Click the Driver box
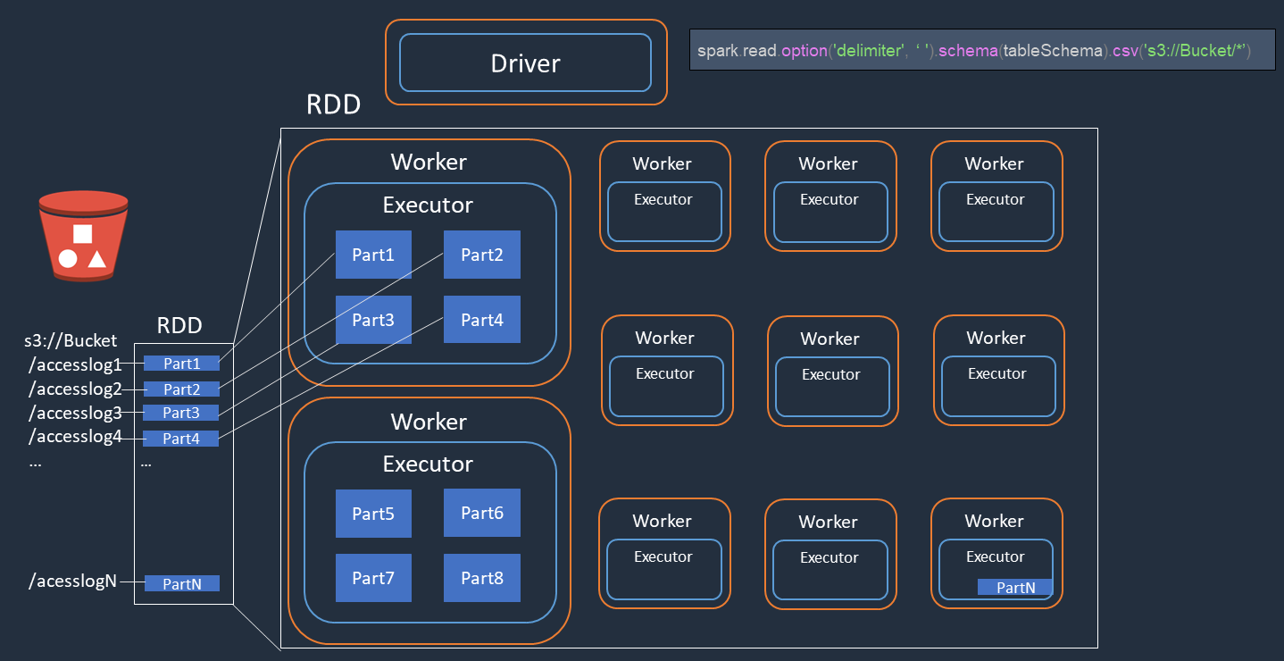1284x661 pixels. click(525, 63)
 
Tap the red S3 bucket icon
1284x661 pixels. click(83, 236)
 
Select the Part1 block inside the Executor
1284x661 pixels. click(373, 255)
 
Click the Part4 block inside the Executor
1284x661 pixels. click(481, 320)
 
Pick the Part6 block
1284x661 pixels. click(481, 513)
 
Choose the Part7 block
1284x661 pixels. click(373, 578)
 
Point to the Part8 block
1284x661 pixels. click(481, 578)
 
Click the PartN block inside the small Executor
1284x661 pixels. click(1015, 587)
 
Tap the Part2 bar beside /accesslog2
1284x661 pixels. click(181, 389)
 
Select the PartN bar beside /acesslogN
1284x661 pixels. click(181, 583)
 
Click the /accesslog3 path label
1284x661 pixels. click(75, 413)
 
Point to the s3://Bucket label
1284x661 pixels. click(71, 340)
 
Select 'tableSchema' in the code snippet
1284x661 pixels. click(1053, 52)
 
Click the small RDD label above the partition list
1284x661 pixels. click(179, 326)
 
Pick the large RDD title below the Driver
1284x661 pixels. click(333, 105)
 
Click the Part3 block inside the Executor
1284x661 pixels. click(373, 320)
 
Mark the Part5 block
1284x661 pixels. click(373, 513)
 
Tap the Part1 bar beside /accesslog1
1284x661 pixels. click(181, 364)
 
